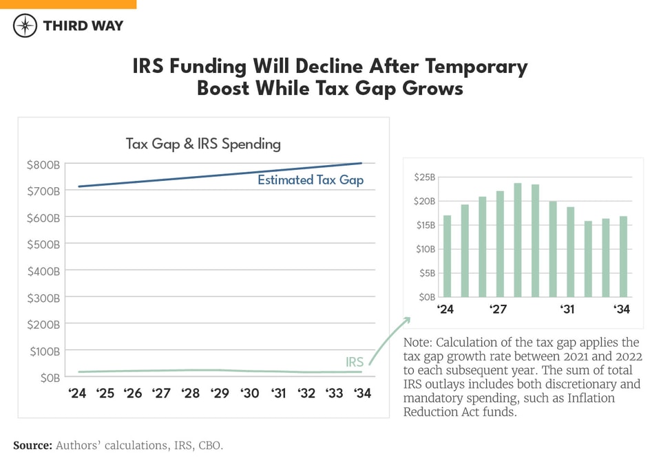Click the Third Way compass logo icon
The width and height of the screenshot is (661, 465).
[x=25, y=26]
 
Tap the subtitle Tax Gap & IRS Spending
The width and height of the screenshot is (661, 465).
[x=203, y=144]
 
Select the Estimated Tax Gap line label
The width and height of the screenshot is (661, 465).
[x=310, y=180]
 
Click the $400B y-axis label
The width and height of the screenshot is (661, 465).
[x=43, y=271]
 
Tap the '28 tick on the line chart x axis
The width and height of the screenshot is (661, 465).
[x=190, y=393]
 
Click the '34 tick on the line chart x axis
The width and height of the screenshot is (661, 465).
[x=361, y=393]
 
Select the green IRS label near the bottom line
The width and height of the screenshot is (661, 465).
[x=354, y=362]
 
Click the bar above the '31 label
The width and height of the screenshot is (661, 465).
[x=570, y=251]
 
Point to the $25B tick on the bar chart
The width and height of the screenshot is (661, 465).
[x=424, y=177]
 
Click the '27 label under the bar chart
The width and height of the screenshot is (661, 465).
[x=499, y=310]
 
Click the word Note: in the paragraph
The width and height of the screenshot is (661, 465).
[x=418, y=343]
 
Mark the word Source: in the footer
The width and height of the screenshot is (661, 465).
[x=32, y=446]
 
